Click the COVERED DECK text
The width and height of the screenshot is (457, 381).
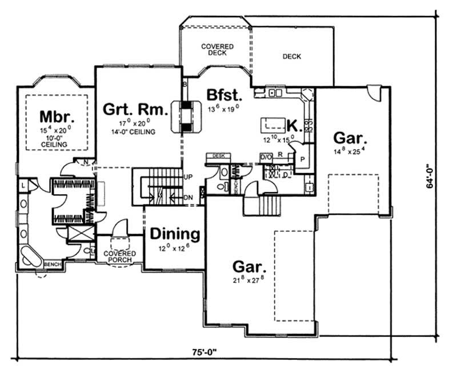coord(215,49)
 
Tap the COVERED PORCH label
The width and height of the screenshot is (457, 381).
coord(119,256)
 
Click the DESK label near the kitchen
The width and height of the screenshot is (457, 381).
coord(218,155)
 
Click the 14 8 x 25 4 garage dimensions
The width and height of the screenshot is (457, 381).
coord(350,153)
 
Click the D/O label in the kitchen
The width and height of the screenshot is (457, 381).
coord(265,157)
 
